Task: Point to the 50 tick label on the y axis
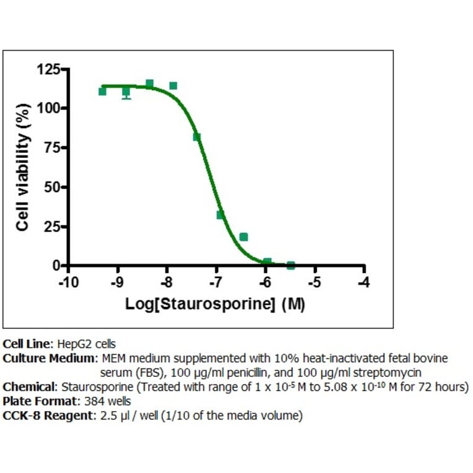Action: pos(53,187)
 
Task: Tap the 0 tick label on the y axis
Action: pos(56,266)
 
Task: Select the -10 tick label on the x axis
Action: pos(67,282)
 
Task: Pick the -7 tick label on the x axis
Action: pos(215,282)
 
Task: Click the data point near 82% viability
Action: pos(197,137)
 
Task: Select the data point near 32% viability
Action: pos(220,215)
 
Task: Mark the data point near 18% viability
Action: pos(244,236)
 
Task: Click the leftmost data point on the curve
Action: pos(102,92)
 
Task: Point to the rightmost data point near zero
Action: pos(291,265)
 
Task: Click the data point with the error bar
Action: pos(126,92)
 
